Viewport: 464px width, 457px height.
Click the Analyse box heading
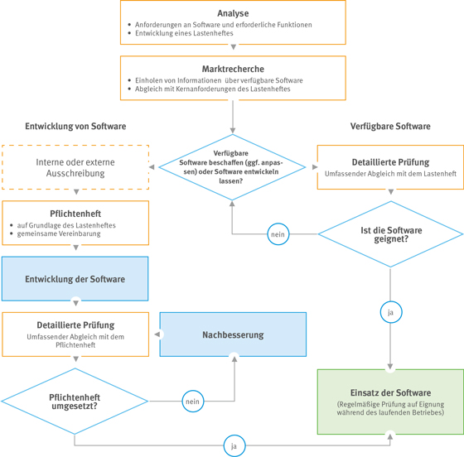pos(233,13)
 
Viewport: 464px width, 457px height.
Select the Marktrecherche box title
pos(233,69)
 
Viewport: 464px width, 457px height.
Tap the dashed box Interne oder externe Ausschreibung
pos(75,167)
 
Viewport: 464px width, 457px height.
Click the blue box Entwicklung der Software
pos(75,279)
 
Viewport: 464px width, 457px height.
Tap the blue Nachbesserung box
pos(233,334)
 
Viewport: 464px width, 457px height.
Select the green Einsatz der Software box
pos(390,402)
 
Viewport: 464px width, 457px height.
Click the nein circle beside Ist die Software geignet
pos(278,234)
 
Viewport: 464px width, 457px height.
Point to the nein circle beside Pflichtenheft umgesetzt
pos(192,402)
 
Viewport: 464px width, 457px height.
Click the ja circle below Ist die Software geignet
pos(390,312)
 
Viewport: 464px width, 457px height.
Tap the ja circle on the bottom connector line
pos(234,445)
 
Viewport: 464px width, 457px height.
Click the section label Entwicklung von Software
pos(75,126)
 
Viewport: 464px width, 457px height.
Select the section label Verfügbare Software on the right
pos(390,126)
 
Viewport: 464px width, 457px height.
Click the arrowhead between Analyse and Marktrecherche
pos(233,47)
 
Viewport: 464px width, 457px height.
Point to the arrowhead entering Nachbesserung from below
pos(234,358)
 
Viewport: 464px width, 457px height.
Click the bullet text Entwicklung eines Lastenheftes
pos(184,33)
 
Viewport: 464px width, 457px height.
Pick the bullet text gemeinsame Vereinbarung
pos(59,233)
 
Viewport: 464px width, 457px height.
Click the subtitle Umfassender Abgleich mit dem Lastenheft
pos(390,174)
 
